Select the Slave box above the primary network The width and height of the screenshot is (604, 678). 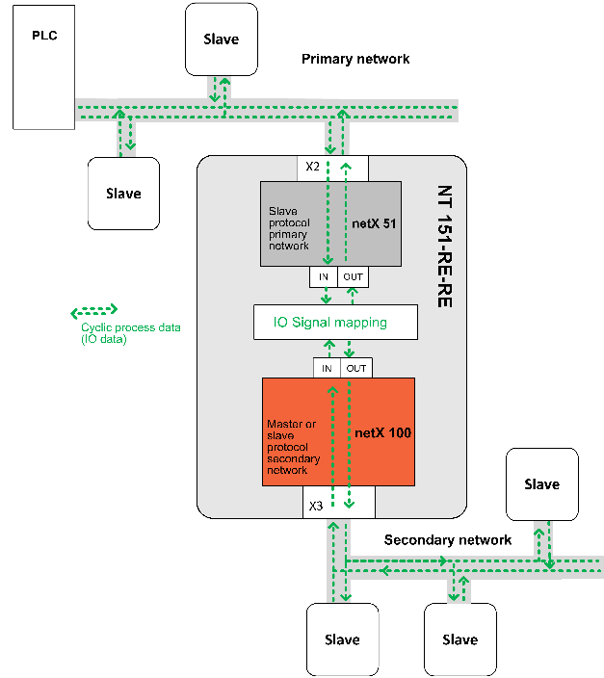(x=221, y=39)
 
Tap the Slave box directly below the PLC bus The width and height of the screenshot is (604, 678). (x=123, y=194)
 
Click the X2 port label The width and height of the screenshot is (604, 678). (x=312, y=167)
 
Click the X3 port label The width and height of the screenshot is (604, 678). (x=315, y=506)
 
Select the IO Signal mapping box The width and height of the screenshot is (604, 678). (x=335, y=322)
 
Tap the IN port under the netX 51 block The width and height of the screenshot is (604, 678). (x=323, y=276)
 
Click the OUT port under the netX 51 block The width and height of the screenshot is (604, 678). (x=354, y=276)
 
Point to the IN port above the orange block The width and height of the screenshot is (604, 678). (x=328, y=368)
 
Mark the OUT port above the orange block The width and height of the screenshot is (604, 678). (x=356, y=368)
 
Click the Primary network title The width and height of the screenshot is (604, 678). (x=355, y=59)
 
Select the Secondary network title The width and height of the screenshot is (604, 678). (x=448, y=539)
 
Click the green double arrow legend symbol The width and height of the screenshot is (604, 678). (x=93, y=311)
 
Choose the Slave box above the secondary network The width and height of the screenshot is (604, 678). (x=542, y=484)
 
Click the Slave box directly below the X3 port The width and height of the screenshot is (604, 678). (x=342, y=639)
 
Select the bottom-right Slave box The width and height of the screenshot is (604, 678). (x=460, y=639)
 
